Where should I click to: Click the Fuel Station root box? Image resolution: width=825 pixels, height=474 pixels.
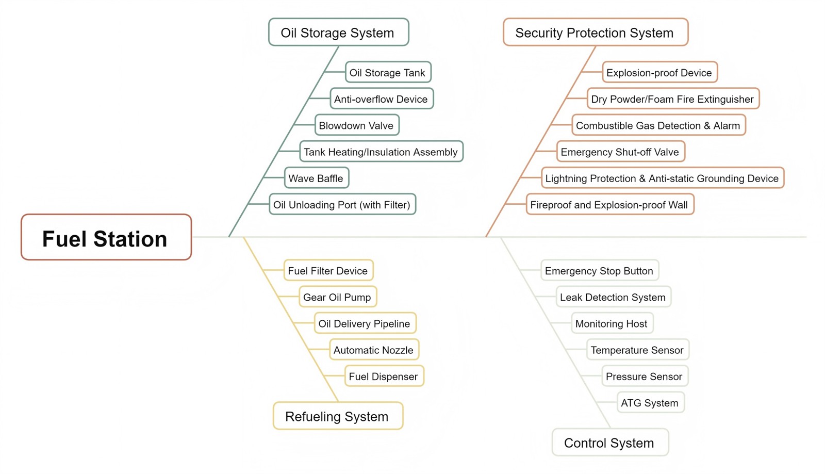(106, 237)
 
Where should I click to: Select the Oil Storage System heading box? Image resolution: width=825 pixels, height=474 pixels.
(338, 32)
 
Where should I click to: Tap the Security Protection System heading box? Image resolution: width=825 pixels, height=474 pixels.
(595, 32)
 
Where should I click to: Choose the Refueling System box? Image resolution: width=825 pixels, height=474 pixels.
(338, 416)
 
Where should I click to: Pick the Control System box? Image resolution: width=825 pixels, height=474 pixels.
(609, 443)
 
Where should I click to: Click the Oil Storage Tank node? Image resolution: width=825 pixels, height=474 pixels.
(388, 73)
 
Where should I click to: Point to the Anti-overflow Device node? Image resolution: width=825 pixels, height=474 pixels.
(381, 99)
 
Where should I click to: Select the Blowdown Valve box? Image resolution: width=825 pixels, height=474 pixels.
(356, 125)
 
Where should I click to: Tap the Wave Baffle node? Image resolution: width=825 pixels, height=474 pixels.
(316, 178)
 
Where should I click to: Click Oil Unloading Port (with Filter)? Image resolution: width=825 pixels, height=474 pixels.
(342, 204)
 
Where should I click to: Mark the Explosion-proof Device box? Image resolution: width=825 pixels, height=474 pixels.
(659, 73)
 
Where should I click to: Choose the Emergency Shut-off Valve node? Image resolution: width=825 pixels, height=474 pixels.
(620, 152)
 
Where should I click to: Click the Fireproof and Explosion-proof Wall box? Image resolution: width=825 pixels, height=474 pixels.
(609, 204)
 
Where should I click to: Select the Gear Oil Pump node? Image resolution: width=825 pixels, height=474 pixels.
(337, 297)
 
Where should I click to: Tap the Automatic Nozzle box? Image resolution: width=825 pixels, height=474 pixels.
(373, 350)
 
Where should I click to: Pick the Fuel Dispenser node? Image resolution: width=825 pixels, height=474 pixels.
(384, 376)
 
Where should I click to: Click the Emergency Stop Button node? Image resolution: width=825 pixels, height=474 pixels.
(599, 271)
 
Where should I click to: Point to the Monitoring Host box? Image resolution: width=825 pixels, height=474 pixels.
(612, 323)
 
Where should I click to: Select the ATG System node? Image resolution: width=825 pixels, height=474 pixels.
(650, 403)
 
